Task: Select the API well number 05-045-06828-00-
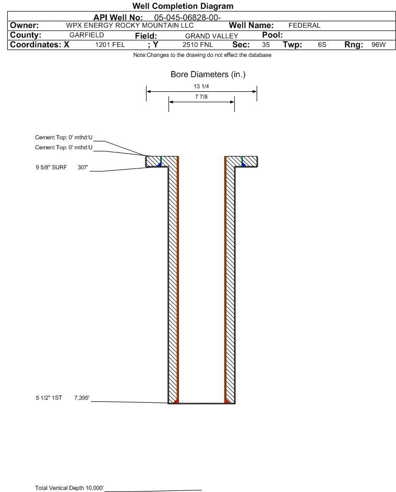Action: pos(188,18)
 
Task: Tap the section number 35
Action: pos(266,45)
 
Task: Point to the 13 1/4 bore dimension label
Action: pos(201,86)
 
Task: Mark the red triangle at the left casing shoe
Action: pos(176,401)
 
